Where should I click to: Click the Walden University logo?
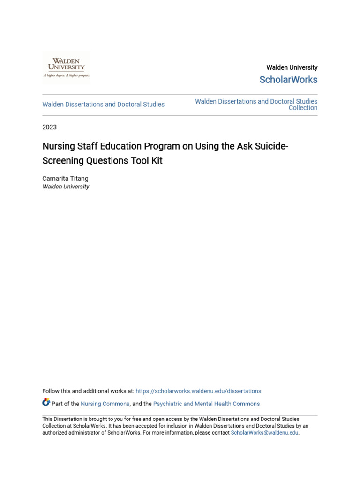pyautogui.click(x=66, y=67)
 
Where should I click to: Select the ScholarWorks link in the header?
pyautogui.click(x=288, y=80)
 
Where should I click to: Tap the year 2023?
pyautogui.click(x=49, y=127)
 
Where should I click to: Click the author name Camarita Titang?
pyautogui.click(x=65, y=179)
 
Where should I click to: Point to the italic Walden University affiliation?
pyautogui.click(x=66, y=187)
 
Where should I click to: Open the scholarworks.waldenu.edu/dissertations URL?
pyautogui.click(x=198, y=391)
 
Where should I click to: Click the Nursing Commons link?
pyautogui.click(x=105, y=404)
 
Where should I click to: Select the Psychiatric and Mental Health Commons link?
pyautogui.click(x=206, y=404)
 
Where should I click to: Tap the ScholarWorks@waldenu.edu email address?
pyautogui.click(x=264, y=433)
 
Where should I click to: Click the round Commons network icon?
pyautogui.click(x=46, y=402)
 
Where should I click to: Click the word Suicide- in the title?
pyautogui.click(x=271, y=146)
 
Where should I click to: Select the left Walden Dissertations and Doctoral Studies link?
pyautogui.click(x=103, y=105)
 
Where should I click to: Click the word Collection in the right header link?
pyautogui.click(x=303, y=108)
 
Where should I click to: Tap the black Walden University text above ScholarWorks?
pyautogui.click(x=292, y=67)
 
